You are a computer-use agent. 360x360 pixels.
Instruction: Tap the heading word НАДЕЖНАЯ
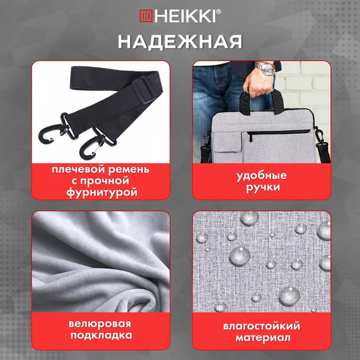tap(180, 41)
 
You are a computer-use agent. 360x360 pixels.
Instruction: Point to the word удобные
tap(262, 176)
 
